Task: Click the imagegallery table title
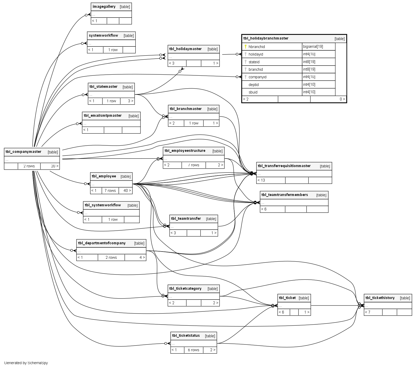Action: (104, 7)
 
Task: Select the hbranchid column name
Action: (257, 47)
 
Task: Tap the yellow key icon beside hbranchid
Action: (246, 47)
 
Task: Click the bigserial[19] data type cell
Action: (313, 46)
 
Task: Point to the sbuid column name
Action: (253, 92)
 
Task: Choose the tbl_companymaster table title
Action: (23, 152)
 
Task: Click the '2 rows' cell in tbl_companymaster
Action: (29, 166)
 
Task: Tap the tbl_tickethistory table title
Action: (380, 298)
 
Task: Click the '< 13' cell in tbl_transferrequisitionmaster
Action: (261, 180)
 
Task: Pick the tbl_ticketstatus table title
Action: (186, 336)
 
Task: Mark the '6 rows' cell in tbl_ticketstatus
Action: (193, 350)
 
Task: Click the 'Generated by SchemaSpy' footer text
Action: (26, 363)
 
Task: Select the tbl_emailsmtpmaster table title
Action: (103, 115)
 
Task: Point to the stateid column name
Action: (254, 62)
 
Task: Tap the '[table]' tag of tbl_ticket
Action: (304, 298)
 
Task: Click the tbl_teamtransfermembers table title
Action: (285, 195)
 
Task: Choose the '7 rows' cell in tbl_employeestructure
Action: (193, 165)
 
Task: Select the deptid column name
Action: (254, 85)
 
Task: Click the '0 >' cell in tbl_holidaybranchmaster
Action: (342, 99)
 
